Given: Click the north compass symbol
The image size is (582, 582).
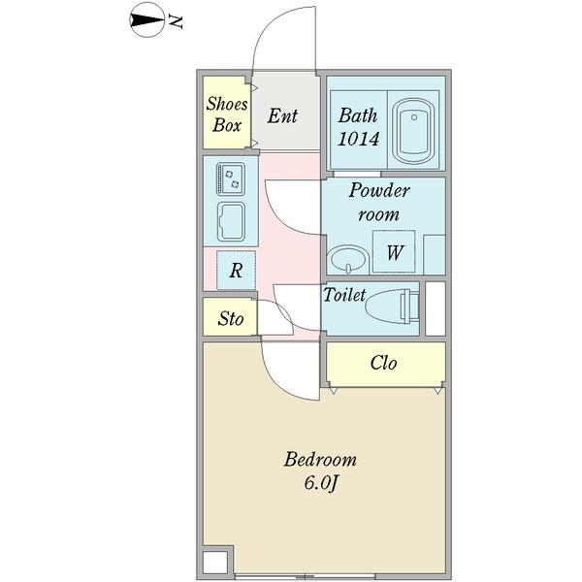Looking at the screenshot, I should pyautogui.click(x=148, y=20).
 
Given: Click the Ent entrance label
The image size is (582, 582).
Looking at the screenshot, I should pyautogui.click(x=282, y=116).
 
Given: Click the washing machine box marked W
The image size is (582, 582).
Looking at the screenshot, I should pyautogui.click(x=394, y=253).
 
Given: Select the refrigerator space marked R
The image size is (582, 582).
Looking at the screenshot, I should pyautogui.click(x=236, y=271).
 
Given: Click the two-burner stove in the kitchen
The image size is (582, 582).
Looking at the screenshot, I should pyautogui.click(x=231, y=179).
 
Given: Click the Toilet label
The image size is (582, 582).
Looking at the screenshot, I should pyautogui.click(x=344, y=295).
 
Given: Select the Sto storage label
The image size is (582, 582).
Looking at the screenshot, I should pyautogui.click(x=230, y=318).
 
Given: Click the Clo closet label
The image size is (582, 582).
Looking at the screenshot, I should pyautogui.click(x=383, y=363).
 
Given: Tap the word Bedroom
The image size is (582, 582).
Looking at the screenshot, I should pyautogui.click(x=320, y=460).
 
